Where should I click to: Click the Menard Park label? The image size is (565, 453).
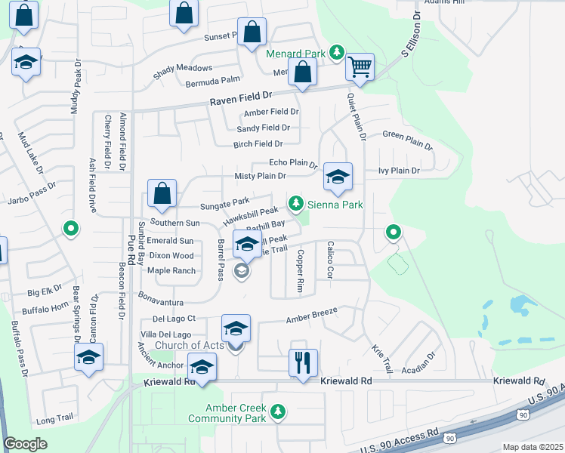coord(295,54)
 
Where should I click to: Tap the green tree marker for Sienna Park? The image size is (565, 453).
coord(297,203)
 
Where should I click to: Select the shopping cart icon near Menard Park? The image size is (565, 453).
coord(360,68)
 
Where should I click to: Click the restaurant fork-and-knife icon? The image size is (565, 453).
coord(302,362)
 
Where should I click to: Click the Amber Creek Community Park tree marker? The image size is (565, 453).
coord(279,411)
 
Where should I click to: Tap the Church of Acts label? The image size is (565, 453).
coord(190,345)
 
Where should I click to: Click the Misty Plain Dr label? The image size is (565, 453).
coord(261,176)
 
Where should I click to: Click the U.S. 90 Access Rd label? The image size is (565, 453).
coord(400,439)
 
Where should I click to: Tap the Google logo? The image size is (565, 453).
coord(25,444)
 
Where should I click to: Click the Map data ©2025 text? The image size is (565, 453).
coord(532,447)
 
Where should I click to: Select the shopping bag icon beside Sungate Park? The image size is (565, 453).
coord(162,194)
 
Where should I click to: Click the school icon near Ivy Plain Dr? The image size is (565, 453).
coord(338,177)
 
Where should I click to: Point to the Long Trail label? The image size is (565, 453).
coord(54,419)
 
